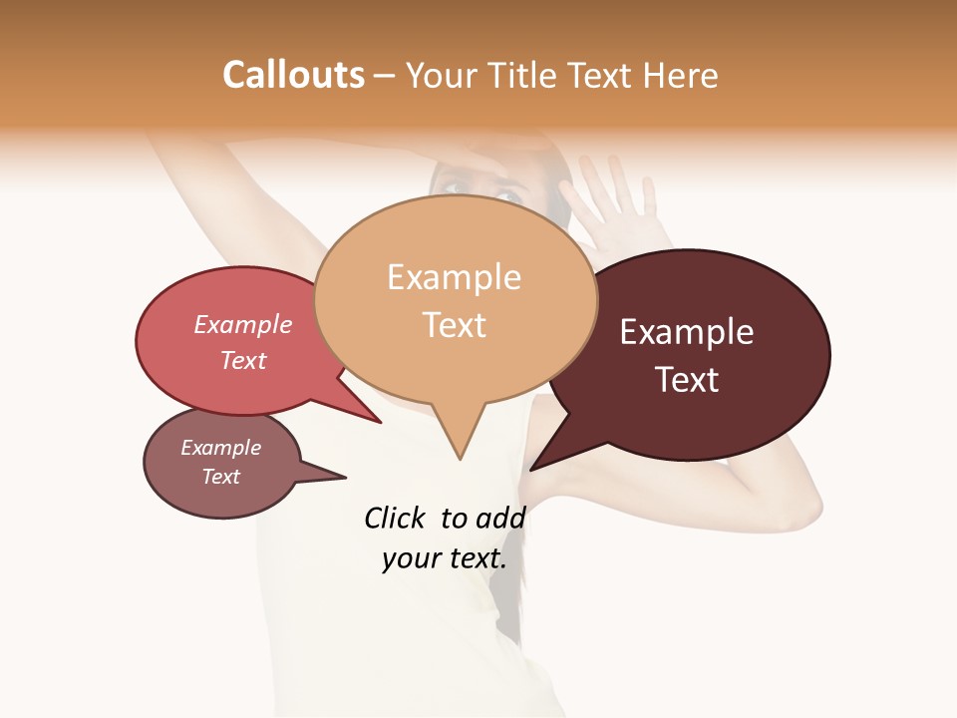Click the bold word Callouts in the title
click(293, 75)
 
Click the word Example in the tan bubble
click(454, 277)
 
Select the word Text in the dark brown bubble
click(687, 380)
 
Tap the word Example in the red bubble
click(242, 324)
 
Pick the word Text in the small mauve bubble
click(220, 477)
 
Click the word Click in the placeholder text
click(394, 518)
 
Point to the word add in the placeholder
click(500, 518)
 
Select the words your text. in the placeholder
click(445, 558)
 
